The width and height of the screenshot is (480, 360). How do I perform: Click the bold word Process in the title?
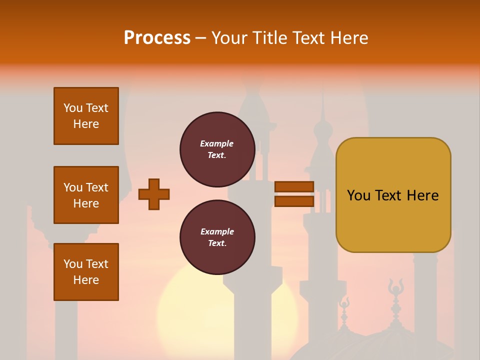tap(157, 38)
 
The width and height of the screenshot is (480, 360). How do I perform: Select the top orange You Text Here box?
tap(86, 116)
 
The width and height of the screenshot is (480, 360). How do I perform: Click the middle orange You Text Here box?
tap(86, 195)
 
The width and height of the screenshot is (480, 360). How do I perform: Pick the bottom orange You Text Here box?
tap(86, 272)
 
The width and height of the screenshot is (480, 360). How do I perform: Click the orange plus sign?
tap(154, 194)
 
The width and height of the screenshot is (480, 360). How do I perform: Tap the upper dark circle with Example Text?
tap(217, 149)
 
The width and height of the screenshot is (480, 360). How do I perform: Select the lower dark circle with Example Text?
tap(217, 237)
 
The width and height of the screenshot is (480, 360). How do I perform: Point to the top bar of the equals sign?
tap(294, 187)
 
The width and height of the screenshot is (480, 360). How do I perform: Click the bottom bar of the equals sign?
tap(294, 201)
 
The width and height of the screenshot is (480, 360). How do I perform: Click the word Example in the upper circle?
tap(217, 143)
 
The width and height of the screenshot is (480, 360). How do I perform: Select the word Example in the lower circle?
tap(217, 231)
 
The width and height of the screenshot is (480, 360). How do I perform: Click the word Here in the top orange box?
tap(86, 124)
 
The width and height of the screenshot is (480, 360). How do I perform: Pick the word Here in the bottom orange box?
tap(86, 280)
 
